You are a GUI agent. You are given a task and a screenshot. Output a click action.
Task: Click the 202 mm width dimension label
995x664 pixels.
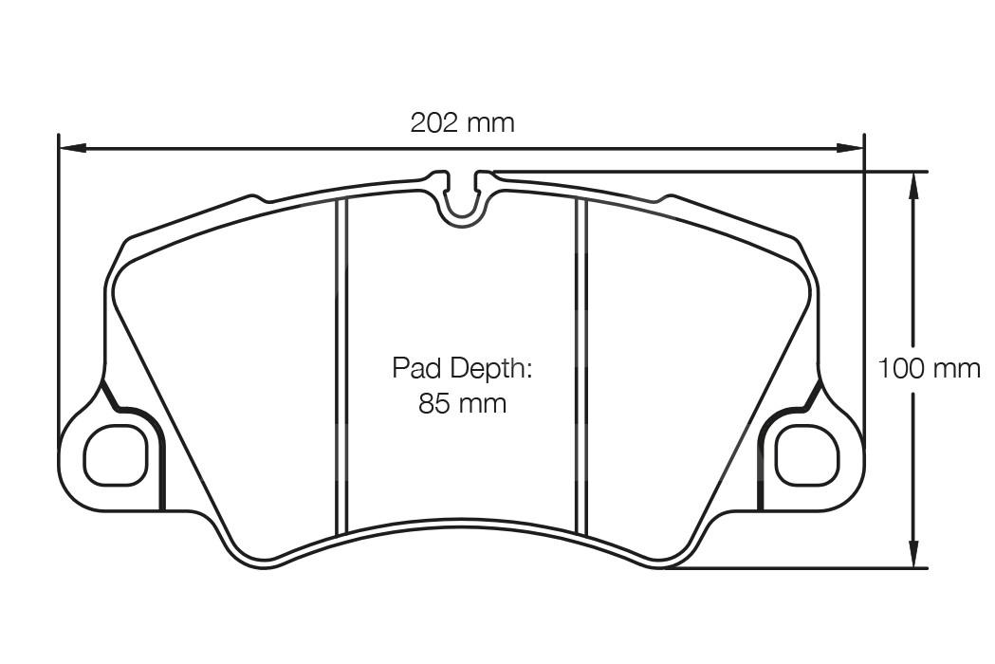point(462,122)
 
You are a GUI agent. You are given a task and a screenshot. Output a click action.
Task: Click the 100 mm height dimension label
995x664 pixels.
point(929,368)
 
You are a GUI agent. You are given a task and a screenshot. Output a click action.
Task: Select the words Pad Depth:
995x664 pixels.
point(463,368)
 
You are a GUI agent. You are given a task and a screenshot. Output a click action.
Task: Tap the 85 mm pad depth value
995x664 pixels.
point(463,404)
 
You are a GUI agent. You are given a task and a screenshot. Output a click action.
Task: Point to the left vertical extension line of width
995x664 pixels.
point(59,285)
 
